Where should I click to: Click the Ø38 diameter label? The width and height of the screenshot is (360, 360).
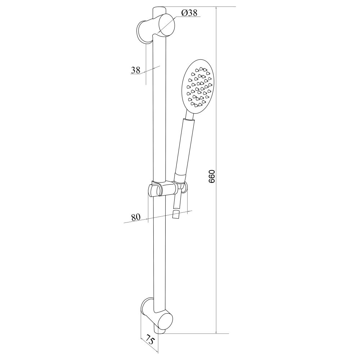click(x=189, y=13)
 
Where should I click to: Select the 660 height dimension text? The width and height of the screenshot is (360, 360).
click(x=211, y=176)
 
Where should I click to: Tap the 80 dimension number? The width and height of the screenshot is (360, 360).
click(x=135, y=217)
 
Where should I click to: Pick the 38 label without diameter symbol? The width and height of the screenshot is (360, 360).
click(x=135, y=70)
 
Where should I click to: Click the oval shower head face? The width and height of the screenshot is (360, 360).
click(x=198, y=87)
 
